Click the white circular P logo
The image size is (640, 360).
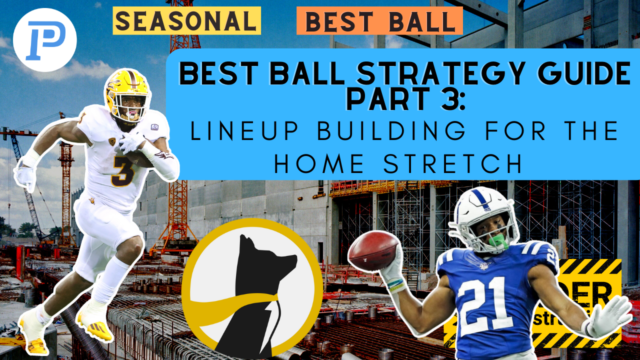click(x=44, y=40)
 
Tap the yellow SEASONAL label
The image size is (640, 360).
click(x=186, y=21)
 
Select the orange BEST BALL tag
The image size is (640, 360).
click(x=379, y=21)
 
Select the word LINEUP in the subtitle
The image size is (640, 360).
click(x=234, y=131)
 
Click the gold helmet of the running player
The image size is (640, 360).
click(x=127, y=92)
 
